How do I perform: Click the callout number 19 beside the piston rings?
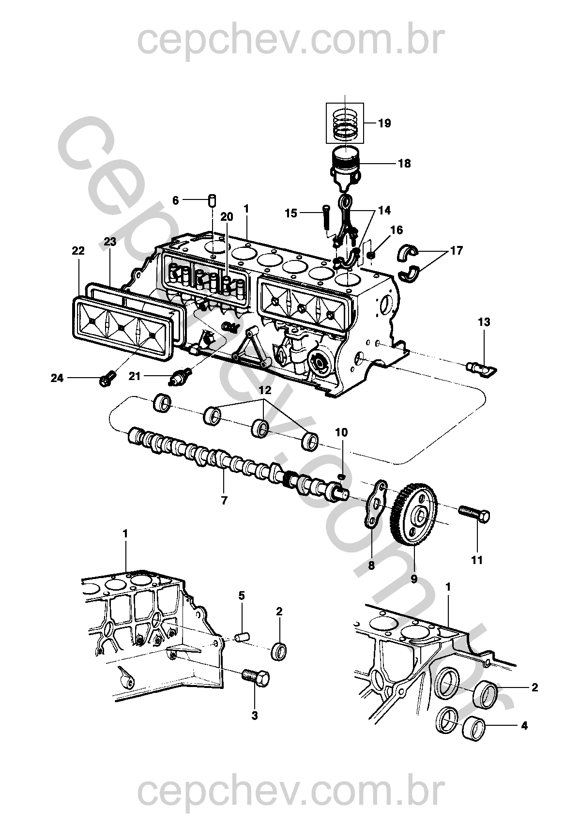coord(385,123)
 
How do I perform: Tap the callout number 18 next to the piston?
coord(405,163)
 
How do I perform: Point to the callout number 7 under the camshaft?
coord(224,500)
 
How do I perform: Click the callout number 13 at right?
coord(484,322)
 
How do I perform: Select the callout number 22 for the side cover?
coord(78,251)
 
